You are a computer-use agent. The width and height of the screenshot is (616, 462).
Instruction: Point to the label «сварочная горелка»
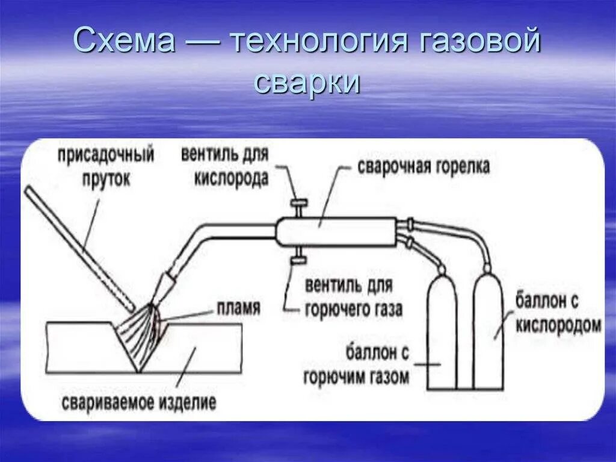pyautogui.click(x=423, y=167)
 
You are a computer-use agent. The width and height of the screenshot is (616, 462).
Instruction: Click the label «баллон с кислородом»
pyautogui.click(x=558, y=313)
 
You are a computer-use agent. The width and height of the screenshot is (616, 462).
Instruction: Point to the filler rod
pyautogui.click(x=78, y=247)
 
